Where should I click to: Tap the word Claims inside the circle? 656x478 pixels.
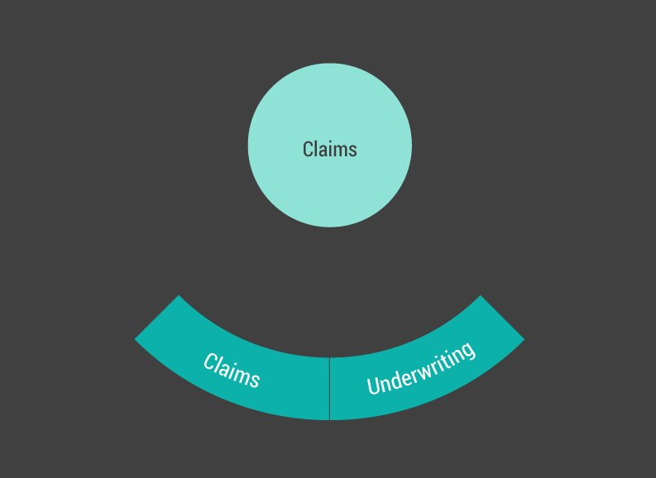(329, 149)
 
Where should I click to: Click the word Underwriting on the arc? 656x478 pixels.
(421, 368)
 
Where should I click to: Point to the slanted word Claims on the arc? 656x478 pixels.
(232, 370)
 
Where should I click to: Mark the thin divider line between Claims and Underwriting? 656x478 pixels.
(329, 389)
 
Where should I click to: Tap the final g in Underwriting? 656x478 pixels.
(468, 351)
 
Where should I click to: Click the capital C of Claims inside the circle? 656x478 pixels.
(309, 149)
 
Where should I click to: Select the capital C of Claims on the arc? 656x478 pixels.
(210, 361)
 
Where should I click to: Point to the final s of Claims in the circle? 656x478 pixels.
(352, 150)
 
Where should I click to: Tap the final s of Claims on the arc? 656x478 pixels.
(254, 380)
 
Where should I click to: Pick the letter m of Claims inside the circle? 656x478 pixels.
(339, 150)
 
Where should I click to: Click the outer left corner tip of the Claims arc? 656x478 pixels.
(136, 339)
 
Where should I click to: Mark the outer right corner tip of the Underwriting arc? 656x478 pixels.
(524, 339)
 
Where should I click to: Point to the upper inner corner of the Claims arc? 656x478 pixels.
(178, 296)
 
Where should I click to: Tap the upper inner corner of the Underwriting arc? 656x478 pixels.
(481, 296)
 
